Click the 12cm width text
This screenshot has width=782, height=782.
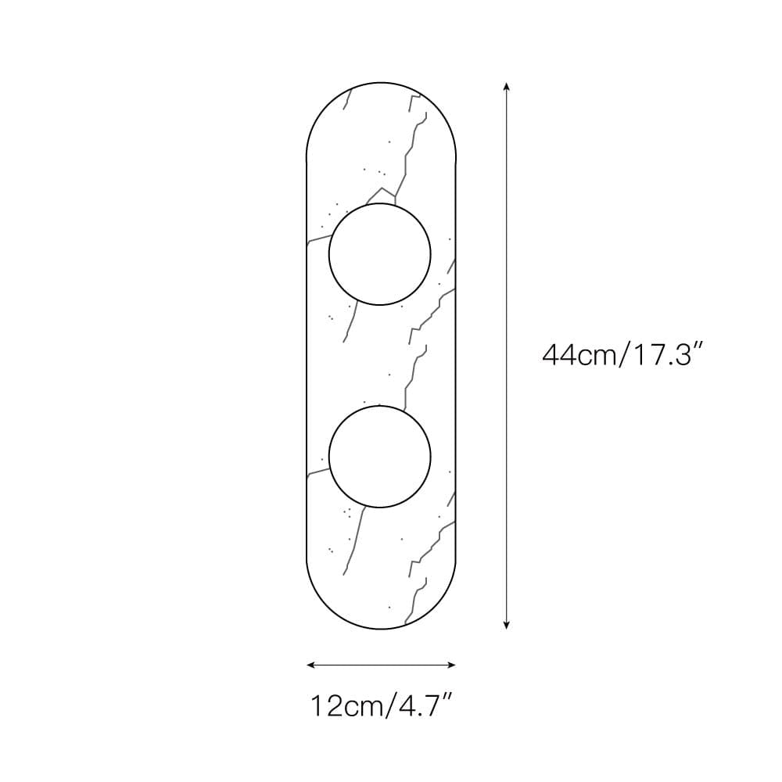[347, 705]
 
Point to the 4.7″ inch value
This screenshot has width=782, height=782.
[424, 705]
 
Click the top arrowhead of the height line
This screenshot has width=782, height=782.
[506, 86]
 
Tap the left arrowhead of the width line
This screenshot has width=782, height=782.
[310, 664]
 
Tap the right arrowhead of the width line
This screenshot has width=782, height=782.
[452, 664]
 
